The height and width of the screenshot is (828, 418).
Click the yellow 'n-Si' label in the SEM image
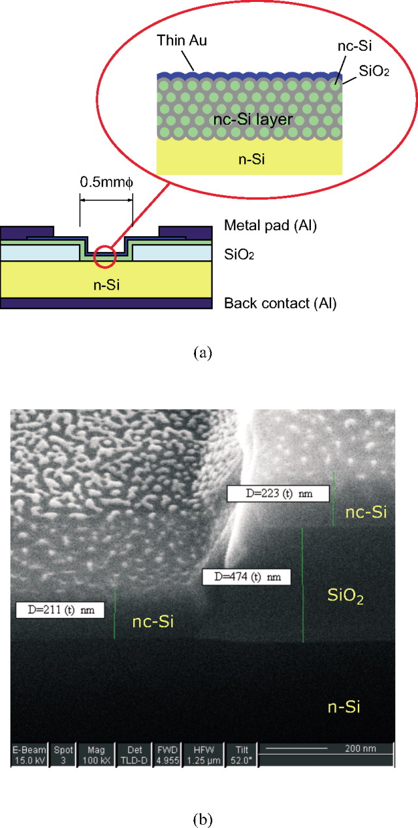pos(343,706)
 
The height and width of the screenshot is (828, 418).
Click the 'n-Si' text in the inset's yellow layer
pos(248,159)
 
